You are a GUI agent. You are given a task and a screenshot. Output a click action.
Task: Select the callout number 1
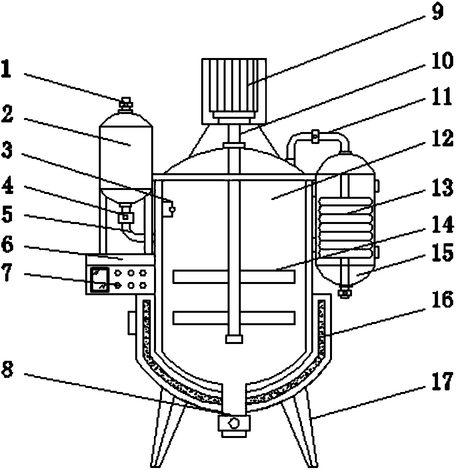[x=6, y=69]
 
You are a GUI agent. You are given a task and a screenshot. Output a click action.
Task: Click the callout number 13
[x=442, y=188]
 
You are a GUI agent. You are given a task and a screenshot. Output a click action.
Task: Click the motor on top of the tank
[x=234, y=91]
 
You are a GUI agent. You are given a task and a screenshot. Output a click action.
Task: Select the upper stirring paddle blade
[x=234, y=276]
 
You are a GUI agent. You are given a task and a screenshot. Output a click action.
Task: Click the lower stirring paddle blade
[x=234, y=318]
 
